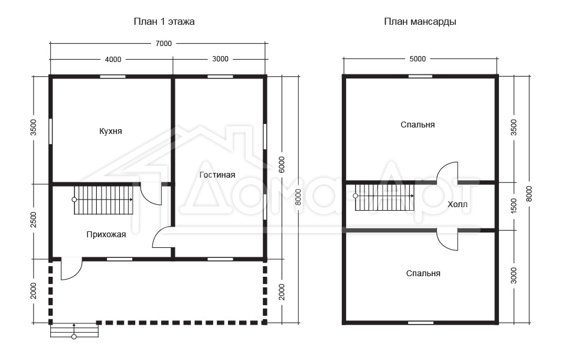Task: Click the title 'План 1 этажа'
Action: tap(164, 22)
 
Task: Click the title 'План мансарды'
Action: tap(420, 22)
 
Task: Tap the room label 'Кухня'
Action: tap(110, 131)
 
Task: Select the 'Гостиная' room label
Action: tap(217, 175)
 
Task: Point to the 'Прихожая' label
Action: tap(106, 234)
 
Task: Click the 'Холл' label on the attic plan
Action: tap(457, 204)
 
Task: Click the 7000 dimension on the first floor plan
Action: tap(164, 44)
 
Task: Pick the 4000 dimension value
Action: tap(113, 60)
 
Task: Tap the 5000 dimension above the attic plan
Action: tap(418, 59)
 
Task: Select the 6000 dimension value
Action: tap(282, 165)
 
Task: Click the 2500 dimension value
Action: tap(33, 220)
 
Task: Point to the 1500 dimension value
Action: tap(514, 207)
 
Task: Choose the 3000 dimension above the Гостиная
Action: tap(220, 59)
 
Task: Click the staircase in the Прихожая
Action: tap(103, 199)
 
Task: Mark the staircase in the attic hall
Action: tap(384, 197)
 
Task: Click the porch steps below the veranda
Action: tap(74, 330)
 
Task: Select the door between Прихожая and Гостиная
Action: tap(163, 237)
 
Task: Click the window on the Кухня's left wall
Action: tap(50, 131)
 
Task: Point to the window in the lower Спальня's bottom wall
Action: tap(420, 323)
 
